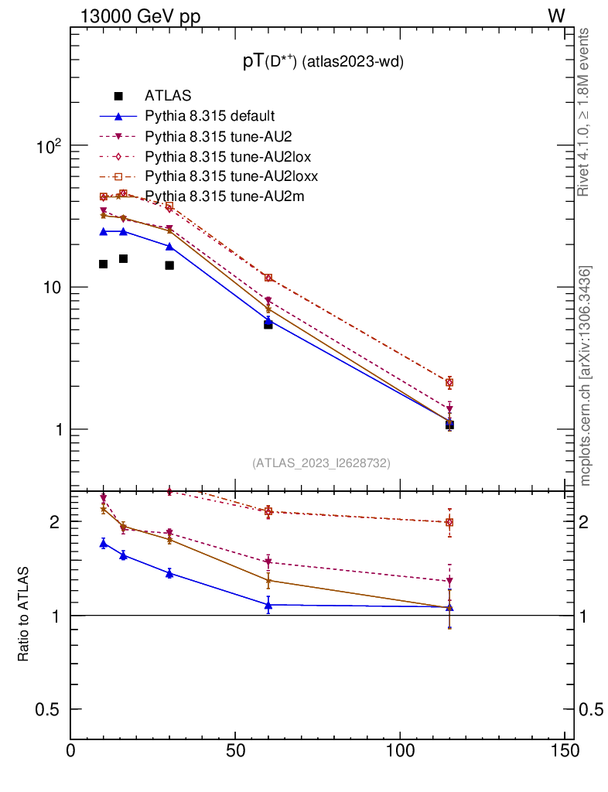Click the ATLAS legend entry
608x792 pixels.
coord(167,96)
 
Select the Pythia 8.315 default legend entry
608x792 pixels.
coord(210,116)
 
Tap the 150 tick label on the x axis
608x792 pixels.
coord(565,751)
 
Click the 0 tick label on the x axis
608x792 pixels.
coord(71,751)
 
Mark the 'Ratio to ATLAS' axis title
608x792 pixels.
coord(24,614)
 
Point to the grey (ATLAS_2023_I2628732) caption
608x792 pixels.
coord(321,463)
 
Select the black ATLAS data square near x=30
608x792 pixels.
coord(169,265)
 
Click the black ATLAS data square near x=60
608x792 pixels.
coord(268,325)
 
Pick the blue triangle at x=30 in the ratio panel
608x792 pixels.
coord(169,573)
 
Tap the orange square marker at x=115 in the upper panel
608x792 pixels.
coord(449,382)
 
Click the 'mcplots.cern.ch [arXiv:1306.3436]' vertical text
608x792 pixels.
coord(586,376)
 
